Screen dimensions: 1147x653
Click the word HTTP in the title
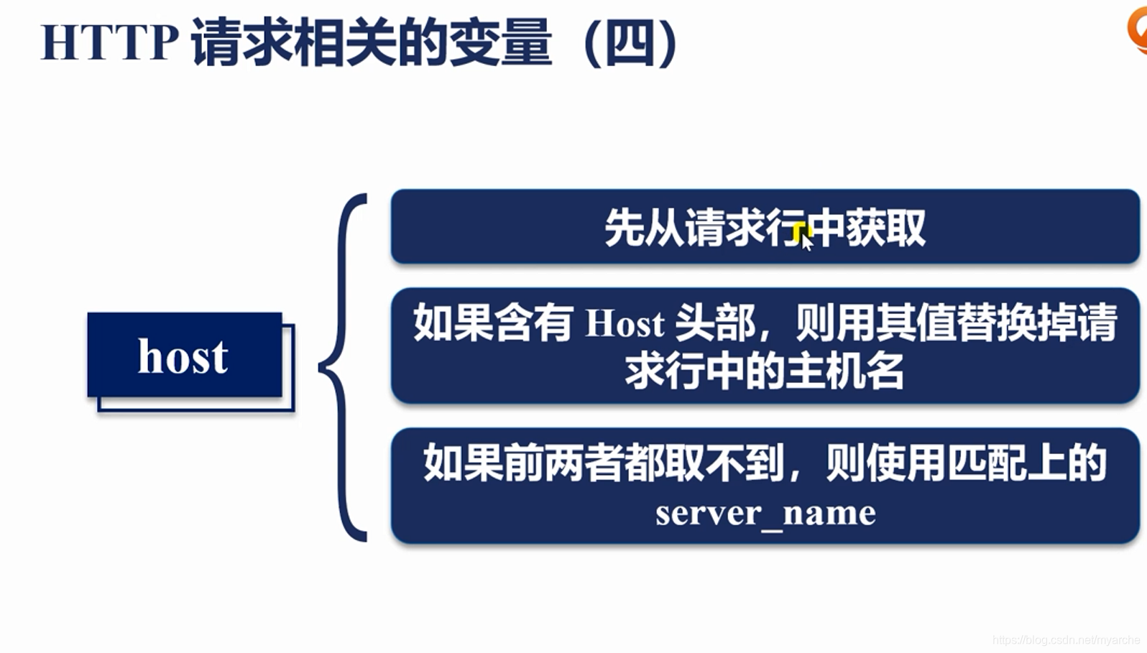109,43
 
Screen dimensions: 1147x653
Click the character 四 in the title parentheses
630,43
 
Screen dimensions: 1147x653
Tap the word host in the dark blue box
183,356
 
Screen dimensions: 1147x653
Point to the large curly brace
343,366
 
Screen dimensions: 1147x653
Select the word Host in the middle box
625,324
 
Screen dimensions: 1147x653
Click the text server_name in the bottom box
765,513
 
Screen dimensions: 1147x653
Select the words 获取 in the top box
885,228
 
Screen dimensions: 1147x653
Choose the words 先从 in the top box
644,228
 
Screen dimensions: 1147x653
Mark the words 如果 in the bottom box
463,463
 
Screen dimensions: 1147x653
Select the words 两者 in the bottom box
583,463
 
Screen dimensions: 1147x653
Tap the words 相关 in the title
344,43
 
